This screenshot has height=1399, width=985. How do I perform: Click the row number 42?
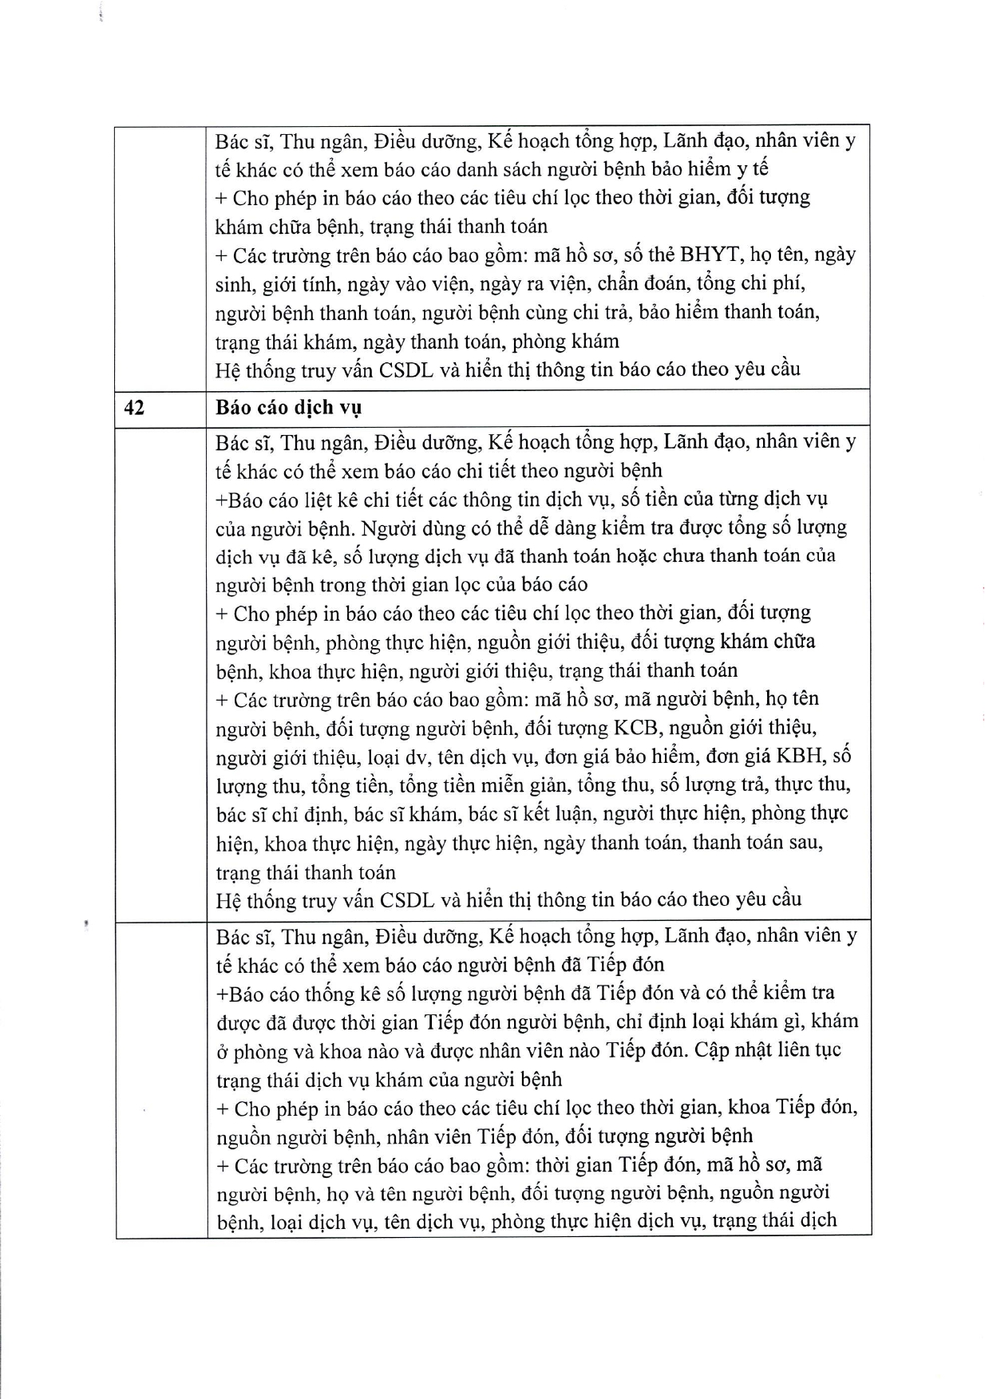coord(134,407)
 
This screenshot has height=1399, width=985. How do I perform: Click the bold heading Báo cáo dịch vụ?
coord(288,408)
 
